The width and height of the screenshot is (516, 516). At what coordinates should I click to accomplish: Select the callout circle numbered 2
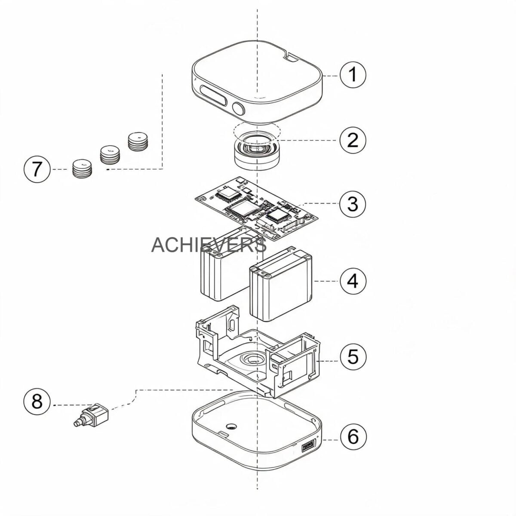tap(353, 140)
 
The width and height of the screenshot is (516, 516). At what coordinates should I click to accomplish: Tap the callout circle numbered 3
tap(353, 204)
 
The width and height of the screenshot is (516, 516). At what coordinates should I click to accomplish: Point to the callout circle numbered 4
tap(353, 281)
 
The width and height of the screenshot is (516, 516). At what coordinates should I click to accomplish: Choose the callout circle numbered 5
tap(353, 356)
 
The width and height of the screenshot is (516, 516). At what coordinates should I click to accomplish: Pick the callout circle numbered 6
tap(353, 436)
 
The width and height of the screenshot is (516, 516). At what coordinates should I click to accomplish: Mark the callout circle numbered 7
tap(37, 169)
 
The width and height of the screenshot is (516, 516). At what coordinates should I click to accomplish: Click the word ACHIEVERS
tap(209, 245)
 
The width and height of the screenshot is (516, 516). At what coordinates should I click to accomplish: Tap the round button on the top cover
tap(238, 108)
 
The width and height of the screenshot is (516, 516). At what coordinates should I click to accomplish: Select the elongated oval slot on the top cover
tap(213, 96)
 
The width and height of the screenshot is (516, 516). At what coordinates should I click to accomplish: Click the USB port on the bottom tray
tap(308, 447)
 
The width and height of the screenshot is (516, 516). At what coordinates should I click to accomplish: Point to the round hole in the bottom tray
tap(232, 426)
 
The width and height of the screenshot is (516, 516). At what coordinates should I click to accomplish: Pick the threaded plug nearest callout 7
tap(82, 169)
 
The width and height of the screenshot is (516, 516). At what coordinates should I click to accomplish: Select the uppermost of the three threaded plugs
tap(138, 141)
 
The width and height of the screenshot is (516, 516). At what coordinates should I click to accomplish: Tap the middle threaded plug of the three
tap(110, 154)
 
